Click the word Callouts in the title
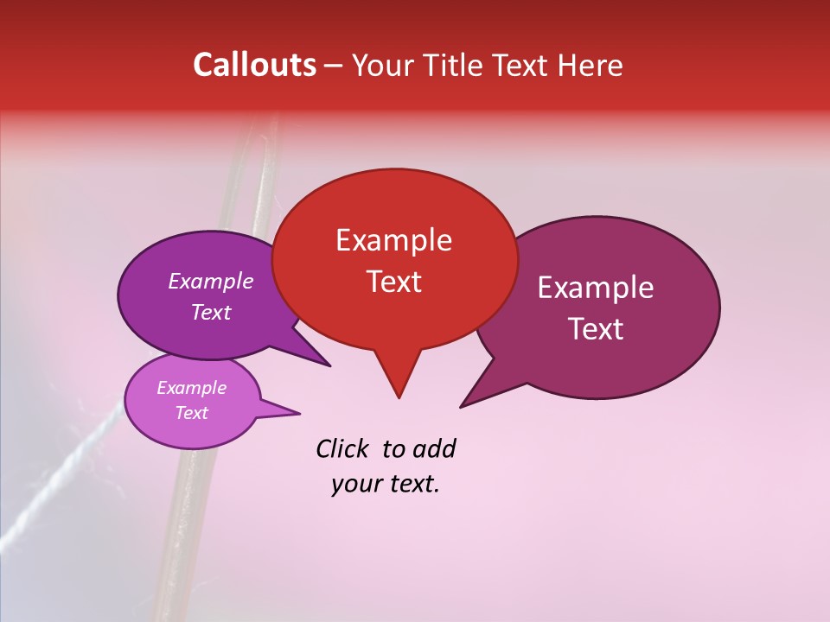(x=254, y=65)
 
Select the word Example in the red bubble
(x=393, y=240)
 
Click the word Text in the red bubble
(x=393, y=282)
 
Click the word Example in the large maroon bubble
(x=596, y=288)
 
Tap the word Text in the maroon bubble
(x=596, y=328)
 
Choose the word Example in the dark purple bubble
(x=210, y=281)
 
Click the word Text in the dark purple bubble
(x=210, y=312)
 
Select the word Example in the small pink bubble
(x=191, y=388)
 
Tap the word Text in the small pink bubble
(x=191, y=413)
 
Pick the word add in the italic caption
(x=433, y=448)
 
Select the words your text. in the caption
(x=385, y=484)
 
